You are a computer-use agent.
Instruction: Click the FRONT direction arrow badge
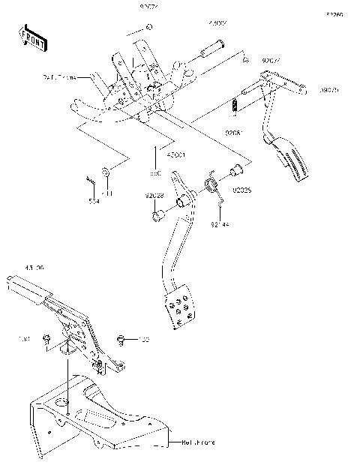tap(31, 37)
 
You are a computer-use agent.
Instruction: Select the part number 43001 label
tap(155, 155)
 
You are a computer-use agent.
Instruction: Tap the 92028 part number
tap(154, 196)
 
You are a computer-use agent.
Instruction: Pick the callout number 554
tap(94, 201)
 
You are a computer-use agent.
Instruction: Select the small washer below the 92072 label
tap(149, 27)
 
